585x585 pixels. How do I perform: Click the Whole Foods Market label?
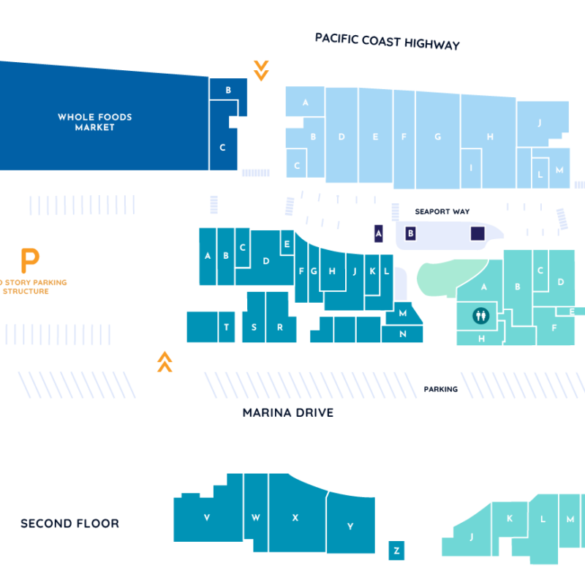[x=95, y=122]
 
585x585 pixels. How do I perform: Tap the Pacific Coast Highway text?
[x=388, y=41]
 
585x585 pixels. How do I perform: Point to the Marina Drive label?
[x=287, y=413]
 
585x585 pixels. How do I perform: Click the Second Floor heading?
[x=69, y=524]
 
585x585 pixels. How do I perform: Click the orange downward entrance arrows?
[x=260, y=70]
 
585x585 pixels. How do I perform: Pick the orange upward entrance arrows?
[x=165, y=361]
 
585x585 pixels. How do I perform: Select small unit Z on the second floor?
[x=396, y=550]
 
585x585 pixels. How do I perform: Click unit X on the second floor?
[x=295, y=517]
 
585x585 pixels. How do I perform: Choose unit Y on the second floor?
[x=350, y=525]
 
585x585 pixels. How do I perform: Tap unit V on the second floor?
[x=207, y=518]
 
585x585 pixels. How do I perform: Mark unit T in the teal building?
[x=227, y=327]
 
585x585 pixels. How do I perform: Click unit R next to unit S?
[x=279, y=327]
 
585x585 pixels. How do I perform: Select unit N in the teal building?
[x=403, y=333]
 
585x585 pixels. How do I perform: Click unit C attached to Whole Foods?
[x=223, y=147]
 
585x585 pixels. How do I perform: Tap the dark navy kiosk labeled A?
[x=378, y=233]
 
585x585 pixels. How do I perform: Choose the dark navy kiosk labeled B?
[x=410, y=233]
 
